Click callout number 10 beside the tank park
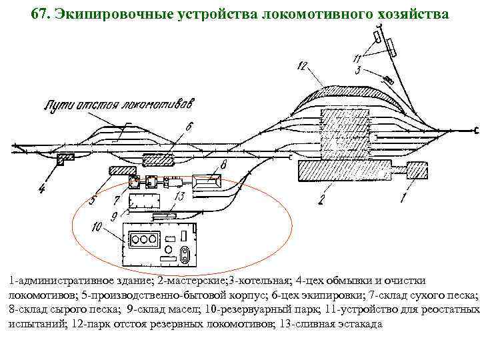pyautogui.click(x=97, y=227)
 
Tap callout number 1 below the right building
pyautogui.click(x=403, y=198)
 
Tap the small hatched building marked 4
pyautogui.click(x=65, y=159)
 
